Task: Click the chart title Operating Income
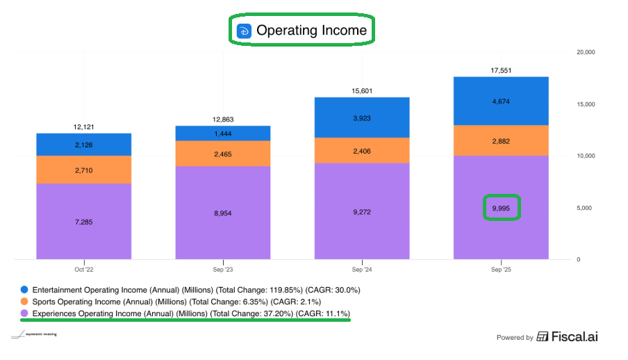tap(311, 31)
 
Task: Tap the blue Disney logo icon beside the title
tap(244, 31)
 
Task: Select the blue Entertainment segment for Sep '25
tap(501, 101)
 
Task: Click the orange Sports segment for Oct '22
tap(83, 170)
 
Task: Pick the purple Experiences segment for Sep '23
tap(222, 213)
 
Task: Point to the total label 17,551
tap(501, 70)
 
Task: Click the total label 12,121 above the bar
tap(83, 127)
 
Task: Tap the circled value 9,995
tap(501, 208)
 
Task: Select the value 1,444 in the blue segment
tap(222, 133)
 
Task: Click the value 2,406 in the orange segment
tap(362, 150)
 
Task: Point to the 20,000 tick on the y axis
tap(588, 52)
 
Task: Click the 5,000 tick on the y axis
tap(586, 208)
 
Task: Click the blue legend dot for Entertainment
tap(25, 289)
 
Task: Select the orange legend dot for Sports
tap(25, 302)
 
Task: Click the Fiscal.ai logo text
tap(574, 337)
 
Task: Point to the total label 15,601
tap(362, 91)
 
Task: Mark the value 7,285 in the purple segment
tap(83, 222)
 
